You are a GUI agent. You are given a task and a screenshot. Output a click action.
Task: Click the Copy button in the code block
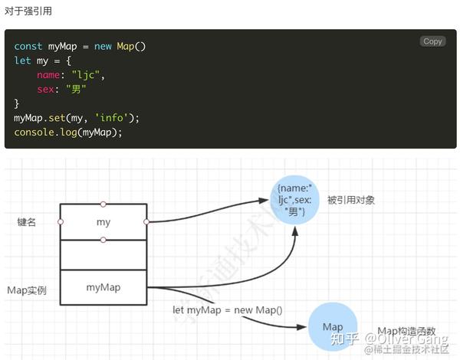432,41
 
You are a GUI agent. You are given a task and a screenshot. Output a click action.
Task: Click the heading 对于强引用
28,11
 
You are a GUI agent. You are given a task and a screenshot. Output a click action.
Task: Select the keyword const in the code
28,46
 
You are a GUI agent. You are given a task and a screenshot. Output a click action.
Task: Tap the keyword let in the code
22,61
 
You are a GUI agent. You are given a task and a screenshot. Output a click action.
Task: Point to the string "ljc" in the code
86,75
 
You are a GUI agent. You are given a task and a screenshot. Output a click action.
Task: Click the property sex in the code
45,89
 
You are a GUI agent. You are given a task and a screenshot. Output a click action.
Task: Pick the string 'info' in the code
111,118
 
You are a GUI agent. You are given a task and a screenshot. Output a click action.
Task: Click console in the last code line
34,133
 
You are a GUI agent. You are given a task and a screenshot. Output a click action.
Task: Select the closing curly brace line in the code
16,103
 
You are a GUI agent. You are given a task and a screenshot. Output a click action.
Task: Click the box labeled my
103,222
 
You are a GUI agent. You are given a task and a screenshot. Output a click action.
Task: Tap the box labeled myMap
103,287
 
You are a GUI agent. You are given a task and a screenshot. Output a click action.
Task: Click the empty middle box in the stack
103,255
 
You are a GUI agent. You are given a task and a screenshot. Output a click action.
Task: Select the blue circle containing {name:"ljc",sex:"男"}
294,200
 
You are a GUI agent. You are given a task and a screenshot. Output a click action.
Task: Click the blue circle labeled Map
333,326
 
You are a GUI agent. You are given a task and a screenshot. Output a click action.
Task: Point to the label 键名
26,222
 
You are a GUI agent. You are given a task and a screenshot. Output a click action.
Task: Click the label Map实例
27,290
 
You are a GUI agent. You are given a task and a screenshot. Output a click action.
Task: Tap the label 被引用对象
351,200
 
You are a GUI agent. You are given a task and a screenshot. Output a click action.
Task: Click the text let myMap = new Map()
228,310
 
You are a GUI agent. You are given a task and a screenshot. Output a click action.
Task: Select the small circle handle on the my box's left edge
61,222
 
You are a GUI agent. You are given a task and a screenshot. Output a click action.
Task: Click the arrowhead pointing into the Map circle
302,327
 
